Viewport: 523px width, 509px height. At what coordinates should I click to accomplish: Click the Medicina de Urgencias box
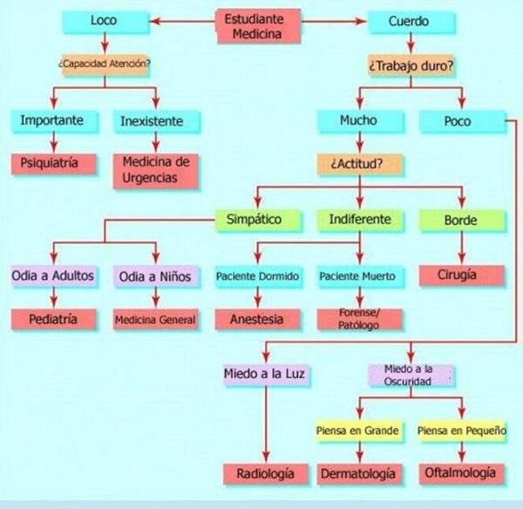[x=157, y=169]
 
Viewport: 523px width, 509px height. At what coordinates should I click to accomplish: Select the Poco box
[x=457, y=121]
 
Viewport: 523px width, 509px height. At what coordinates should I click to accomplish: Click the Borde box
[x=460, y=220]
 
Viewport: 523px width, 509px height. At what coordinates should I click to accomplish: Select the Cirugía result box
[x=460, y=275]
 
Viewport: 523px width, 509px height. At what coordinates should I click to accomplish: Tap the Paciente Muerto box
[x=357, y=277]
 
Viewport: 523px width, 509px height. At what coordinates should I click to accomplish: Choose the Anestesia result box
[x=256, y=319]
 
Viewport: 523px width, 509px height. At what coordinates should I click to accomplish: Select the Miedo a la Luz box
[x=266, y=375]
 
